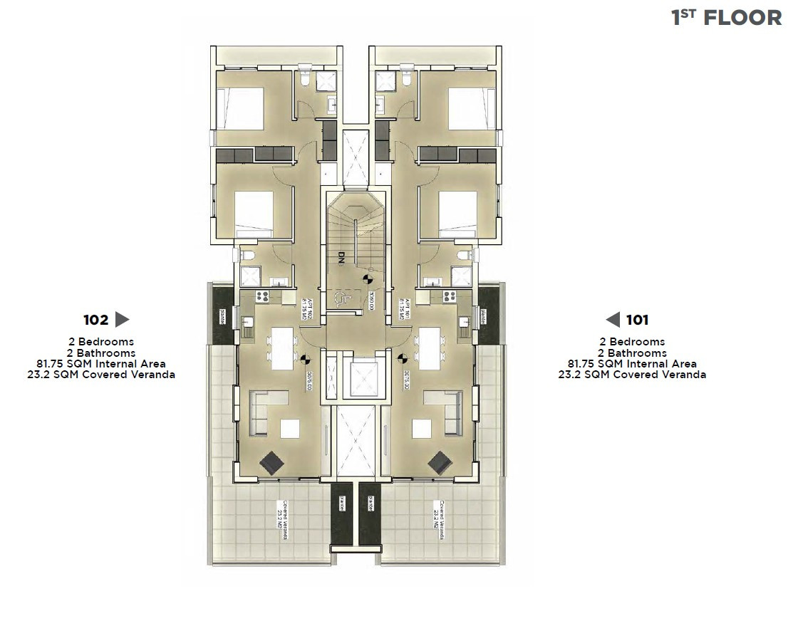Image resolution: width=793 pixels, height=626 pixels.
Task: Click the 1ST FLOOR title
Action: (726, 17)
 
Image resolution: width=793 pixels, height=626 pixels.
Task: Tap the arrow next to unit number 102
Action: (122, 320)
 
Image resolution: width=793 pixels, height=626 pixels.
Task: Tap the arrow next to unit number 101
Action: (613, 320)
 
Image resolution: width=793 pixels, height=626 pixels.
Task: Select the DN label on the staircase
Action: (342, 258)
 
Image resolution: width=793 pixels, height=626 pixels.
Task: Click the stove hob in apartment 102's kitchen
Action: (262, 296)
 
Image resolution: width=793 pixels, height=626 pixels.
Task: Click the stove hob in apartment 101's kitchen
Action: (449, 296)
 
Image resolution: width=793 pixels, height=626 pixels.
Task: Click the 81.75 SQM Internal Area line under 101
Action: (632, 363)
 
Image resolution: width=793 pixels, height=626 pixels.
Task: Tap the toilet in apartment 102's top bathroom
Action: (306, 78)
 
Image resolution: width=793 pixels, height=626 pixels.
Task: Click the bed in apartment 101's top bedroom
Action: (472, 108)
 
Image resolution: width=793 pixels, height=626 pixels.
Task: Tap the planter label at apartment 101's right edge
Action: (484, 314)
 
